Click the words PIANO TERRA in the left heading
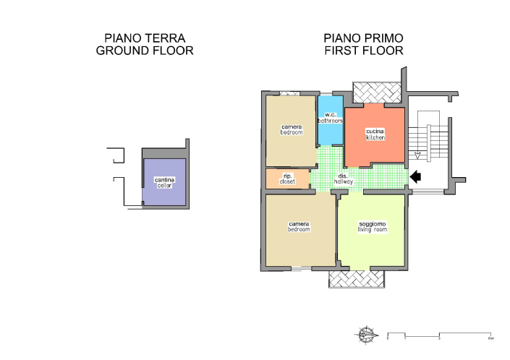145,38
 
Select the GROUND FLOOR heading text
145,51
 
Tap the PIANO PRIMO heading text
363,38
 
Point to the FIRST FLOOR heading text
363,51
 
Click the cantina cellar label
165,182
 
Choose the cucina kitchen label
375,134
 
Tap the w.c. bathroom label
329,118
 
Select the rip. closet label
287,178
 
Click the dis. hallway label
343,179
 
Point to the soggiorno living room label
373,226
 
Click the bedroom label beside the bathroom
292,130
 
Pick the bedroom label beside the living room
299,226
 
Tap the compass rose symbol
367,335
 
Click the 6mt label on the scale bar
490,338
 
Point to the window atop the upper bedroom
289,93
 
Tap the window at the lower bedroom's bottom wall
301,268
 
